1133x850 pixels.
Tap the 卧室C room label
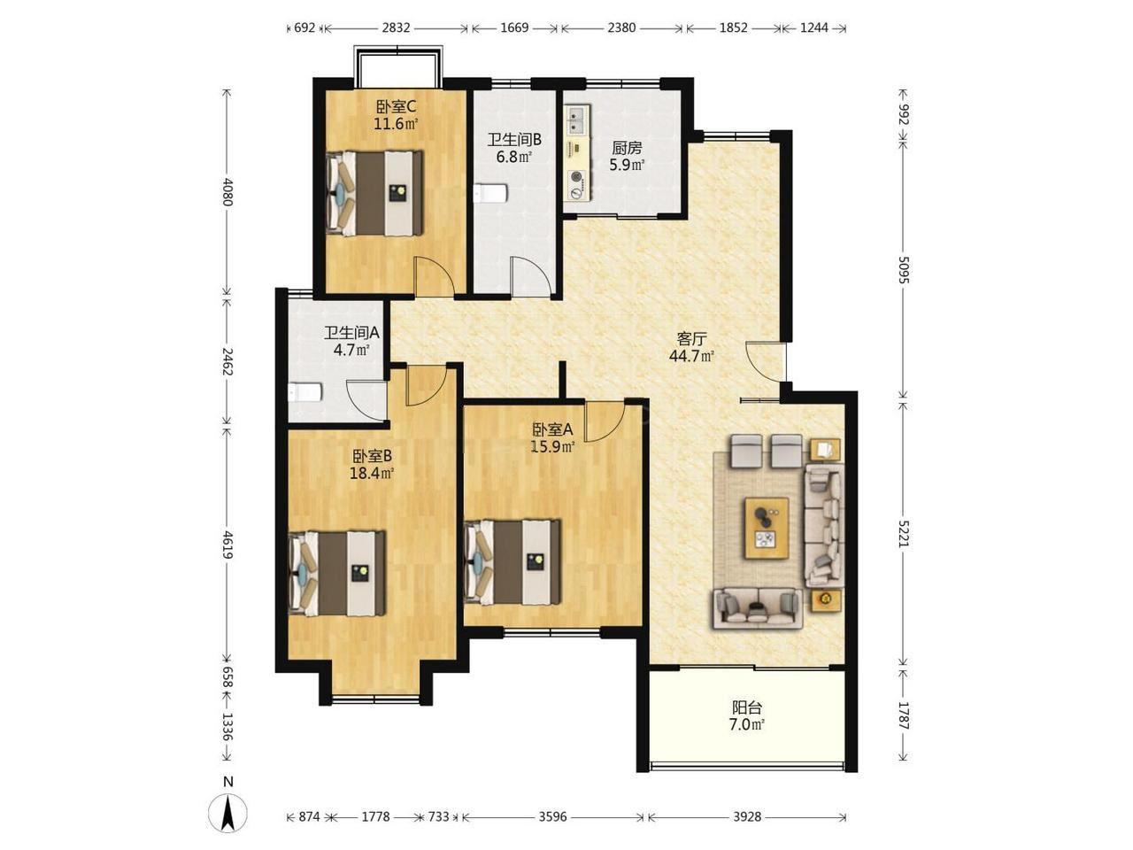tap(396, 107)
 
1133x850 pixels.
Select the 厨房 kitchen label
tap(627, 148)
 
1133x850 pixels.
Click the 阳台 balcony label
tap(747, 707)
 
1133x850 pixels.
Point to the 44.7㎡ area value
tap(691, 356)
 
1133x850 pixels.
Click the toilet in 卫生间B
tap(491, 194)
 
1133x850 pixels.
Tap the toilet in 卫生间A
tap(305, 393)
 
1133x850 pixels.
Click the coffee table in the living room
tap(766, 528)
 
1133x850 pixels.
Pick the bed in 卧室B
tap(337, 573)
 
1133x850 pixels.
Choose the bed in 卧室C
tap(374, 193)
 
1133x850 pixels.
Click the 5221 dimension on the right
tap(903, 532)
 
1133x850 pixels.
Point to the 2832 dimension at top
tap(396, 27)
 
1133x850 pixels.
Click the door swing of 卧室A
tap(605, 421)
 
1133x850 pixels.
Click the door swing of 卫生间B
tap(530, 277)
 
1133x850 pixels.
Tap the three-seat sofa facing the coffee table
tap(758, 608)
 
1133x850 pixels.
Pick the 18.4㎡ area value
tap(372, 473)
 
